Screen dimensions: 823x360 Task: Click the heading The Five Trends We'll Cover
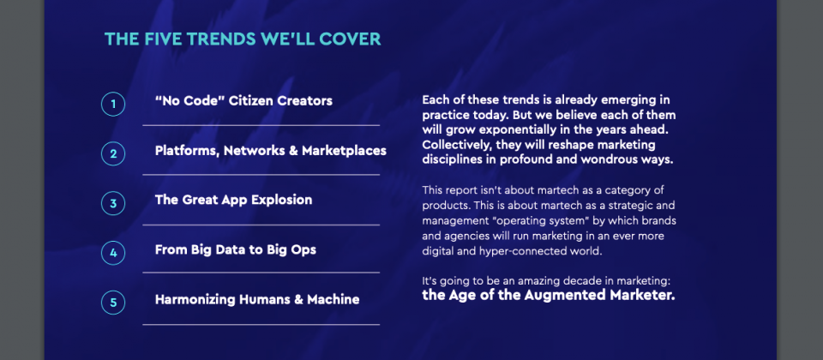coord(243,39)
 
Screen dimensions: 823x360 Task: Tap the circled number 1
coord(113,104)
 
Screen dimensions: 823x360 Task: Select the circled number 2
coord(113,153)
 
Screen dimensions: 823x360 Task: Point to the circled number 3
coord(113,203)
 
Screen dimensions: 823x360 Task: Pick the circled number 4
coord(113,253)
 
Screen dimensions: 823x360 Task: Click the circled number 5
coord(113,303)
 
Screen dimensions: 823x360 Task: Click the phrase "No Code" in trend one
coord(190,101)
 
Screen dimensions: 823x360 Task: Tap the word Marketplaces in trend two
coord(345,151)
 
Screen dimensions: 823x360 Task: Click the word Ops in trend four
coord(304,250)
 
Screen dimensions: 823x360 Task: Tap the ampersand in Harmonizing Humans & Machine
coord(297,300)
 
